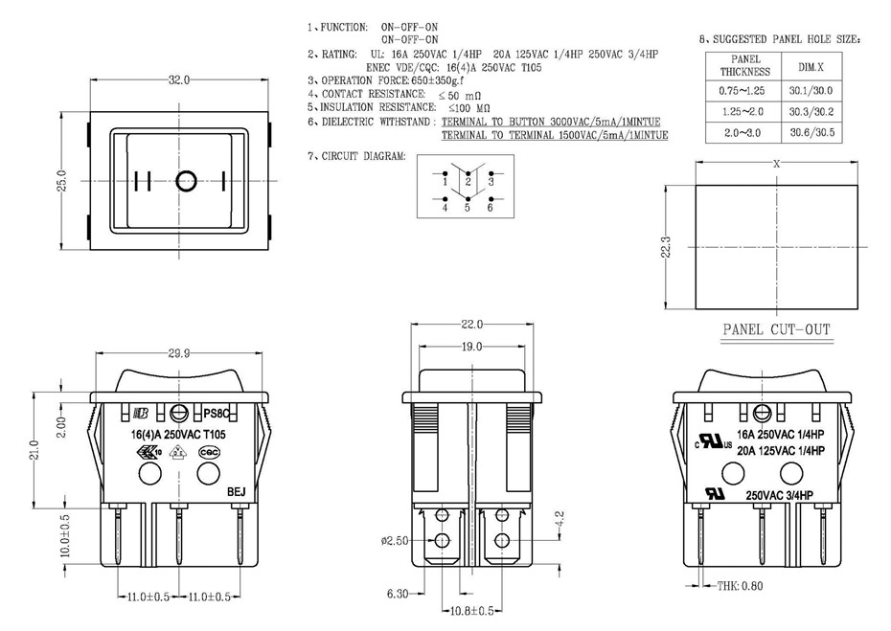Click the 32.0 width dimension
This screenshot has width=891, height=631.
[179, 80]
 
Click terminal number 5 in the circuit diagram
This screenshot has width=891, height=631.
[467, 207]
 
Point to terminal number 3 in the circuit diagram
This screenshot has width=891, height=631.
[491, 180]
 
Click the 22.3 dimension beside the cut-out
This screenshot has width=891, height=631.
[668, 248]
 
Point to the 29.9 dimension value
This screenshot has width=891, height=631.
[178, 353]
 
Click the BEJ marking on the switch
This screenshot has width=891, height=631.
[237, 492]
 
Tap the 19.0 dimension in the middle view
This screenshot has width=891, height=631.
[470, 346]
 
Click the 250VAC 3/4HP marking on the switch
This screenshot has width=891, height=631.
[779, 495]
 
